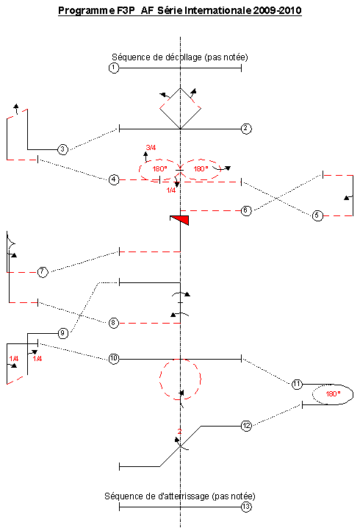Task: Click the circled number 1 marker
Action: coord(114,68)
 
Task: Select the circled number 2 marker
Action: coord(246,129)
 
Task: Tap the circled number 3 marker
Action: coord(63,149)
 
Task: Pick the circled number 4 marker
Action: coord(114,180)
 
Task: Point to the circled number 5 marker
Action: coord(317,215)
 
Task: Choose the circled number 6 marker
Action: coord(246,211)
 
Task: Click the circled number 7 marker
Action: coord(43,272)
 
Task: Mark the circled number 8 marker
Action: coord(114,324)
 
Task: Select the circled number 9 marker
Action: coord(63,333)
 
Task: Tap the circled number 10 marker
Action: coord(114,359)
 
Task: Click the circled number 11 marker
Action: coord(297,384)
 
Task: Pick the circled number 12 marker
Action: coord(247,426)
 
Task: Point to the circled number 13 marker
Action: coord(247,507)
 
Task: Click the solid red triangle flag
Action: coord(180,220)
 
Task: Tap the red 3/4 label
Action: coord(151,148)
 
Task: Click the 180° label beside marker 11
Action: coord(333,393)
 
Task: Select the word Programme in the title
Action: coord(86,11)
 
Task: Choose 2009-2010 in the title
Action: coord(277,10)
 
